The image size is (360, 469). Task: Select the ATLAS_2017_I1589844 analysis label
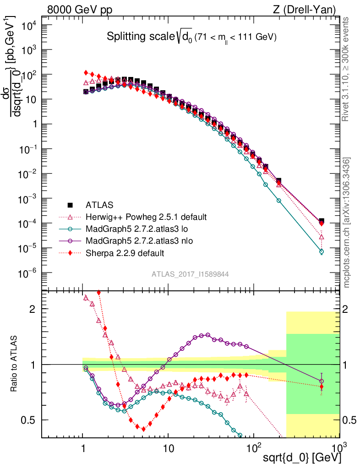point(190,274)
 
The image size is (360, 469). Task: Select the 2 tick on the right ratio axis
point(348,309)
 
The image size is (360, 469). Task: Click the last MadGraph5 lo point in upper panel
point(322,251)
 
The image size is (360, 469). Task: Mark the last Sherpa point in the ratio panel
point(322,387)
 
